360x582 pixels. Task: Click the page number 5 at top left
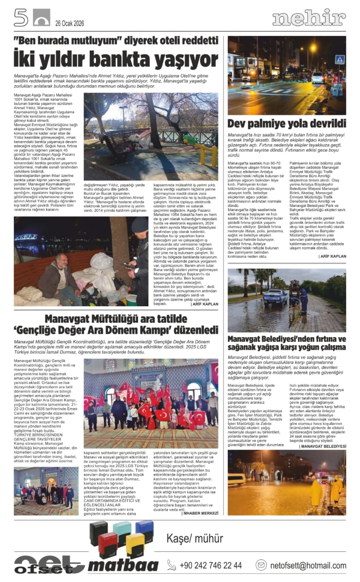[21, 17]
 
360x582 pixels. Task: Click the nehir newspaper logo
[309, 18]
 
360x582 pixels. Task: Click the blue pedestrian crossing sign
[339, 60]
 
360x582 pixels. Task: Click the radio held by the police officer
[129, 266]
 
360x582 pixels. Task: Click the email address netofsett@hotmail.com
[308, 565]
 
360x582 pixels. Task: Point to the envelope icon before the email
[261, 565]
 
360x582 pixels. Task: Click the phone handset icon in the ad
[171, 565]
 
